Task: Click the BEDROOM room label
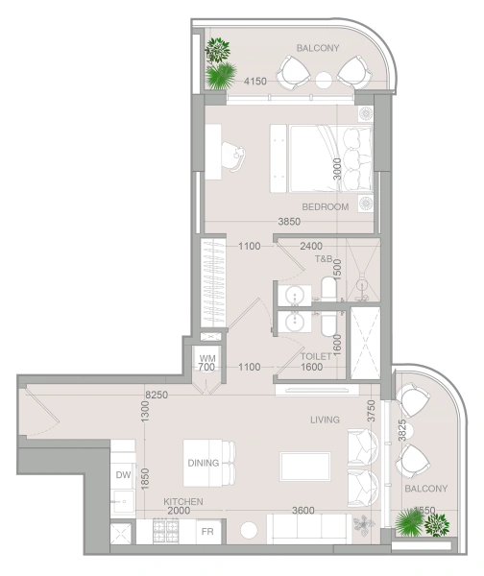pyautogui.click(x=326, y=206)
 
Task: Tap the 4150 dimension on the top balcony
pyautogui.click(x=255, y=82)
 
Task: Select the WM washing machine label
pyautogui.click(x=207, y=358)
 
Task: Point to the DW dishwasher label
pyautogui.click(x=124, y=475)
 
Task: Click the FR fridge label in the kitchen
pyautogui.click(x=207, y=532)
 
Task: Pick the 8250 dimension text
pyautogui.click(x=157, y=395)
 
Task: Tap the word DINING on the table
pyautogui.click(x=204, y=463)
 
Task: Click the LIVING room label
pyautogui.click(x=325, y=420)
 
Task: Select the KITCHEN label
pyautogui.click(x=183, y=501)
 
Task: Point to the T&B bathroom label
pyautogui.click(x=324, y=259)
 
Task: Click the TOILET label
pyautogui.click(x=316, y=356)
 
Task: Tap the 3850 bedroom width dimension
pyautogui.click(x=289, y=222)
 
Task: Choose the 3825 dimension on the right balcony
pyautogui.click(x=402, y=430)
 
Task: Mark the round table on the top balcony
pyautogui.click(x=324, y=80)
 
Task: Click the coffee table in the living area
pyautogui.click(x=305, y=467)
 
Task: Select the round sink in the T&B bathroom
pyautogui.click(x=295, y=295)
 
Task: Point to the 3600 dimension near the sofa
pyautogui.click(x=303, y=511)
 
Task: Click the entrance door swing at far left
pyautogui.click(x=41, y=412)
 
